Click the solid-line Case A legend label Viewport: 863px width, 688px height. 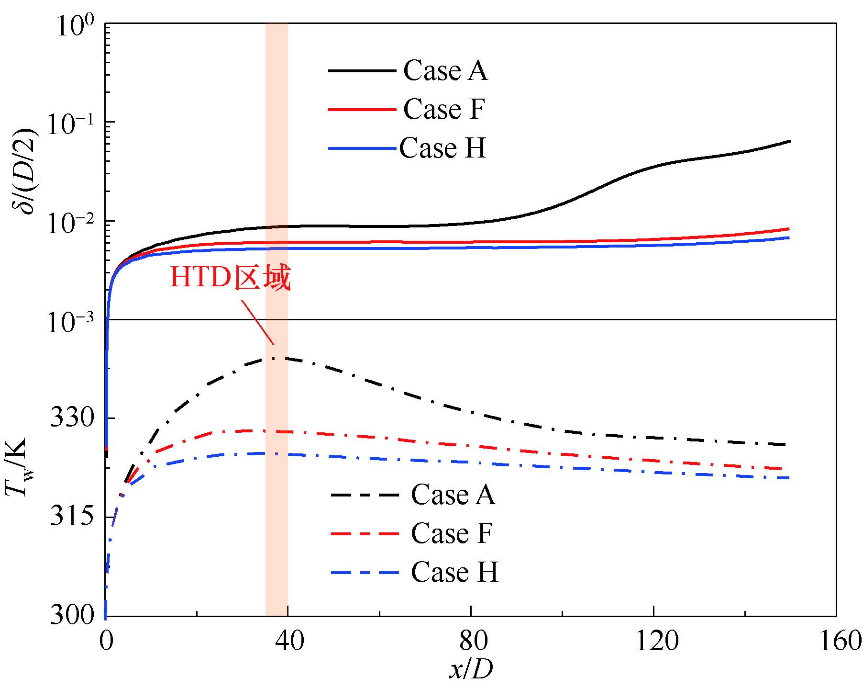coord(445,71)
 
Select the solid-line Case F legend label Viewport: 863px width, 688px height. coord(443,109)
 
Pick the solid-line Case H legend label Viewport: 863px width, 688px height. coord(443,148)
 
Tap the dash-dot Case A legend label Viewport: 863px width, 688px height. coord(453,494)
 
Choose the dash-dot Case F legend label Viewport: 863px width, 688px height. coord(451,533)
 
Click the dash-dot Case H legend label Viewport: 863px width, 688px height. coord(454,572)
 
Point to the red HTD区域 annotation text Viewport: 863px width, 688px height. coord(230,279)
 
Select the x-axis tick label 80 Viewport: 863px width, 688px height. coord(471,642)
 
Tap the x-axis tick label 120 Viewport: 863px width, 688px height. coord(653,642)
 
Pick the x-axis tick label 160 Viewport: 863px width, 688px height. coord(836,642)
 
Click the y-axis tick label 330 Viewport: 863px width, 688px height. coord(72,418)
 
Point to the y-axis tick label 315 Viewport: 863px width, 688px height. coord(72,518)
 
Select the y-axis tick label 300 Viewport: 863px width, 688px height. coord(72,615)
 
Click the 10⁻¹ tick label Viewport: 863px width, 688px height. coord(72,122)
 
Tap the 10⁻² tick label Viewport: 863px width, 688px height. coord(72,221)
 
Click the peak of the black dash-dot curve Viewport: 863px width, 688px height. coord(275,358)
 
